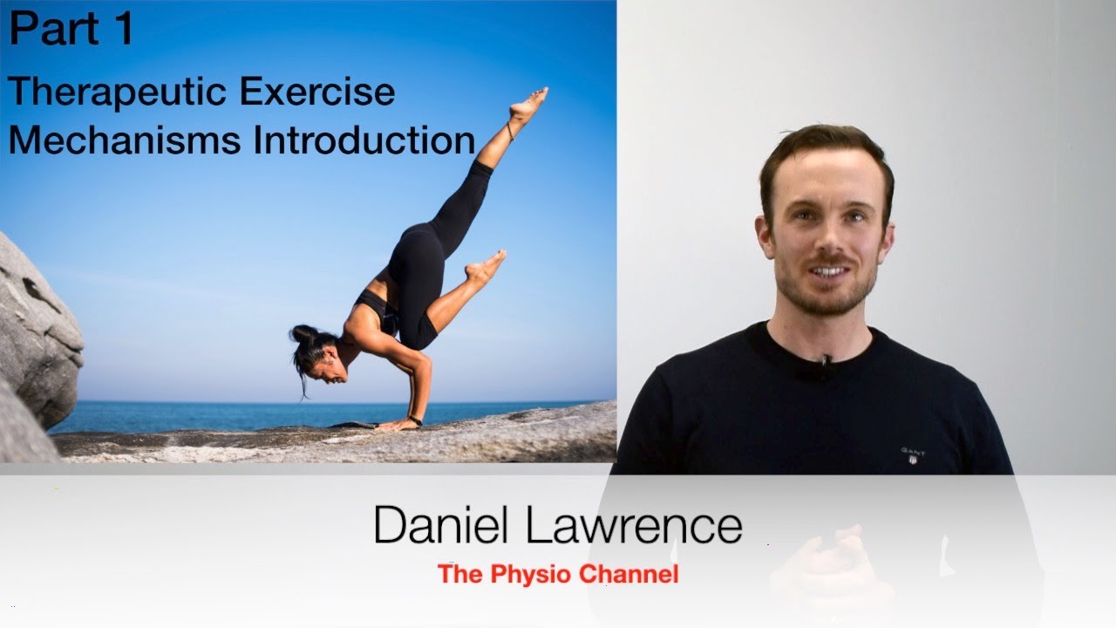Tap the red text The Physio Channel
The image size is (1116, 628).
pos(558,574)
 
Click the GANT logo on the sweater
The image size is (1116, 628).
pos(913,454)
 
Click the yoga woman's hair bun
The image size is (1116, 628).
pos(303,334)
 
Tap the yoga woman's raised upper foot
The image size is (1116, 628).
pos(528,105)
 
